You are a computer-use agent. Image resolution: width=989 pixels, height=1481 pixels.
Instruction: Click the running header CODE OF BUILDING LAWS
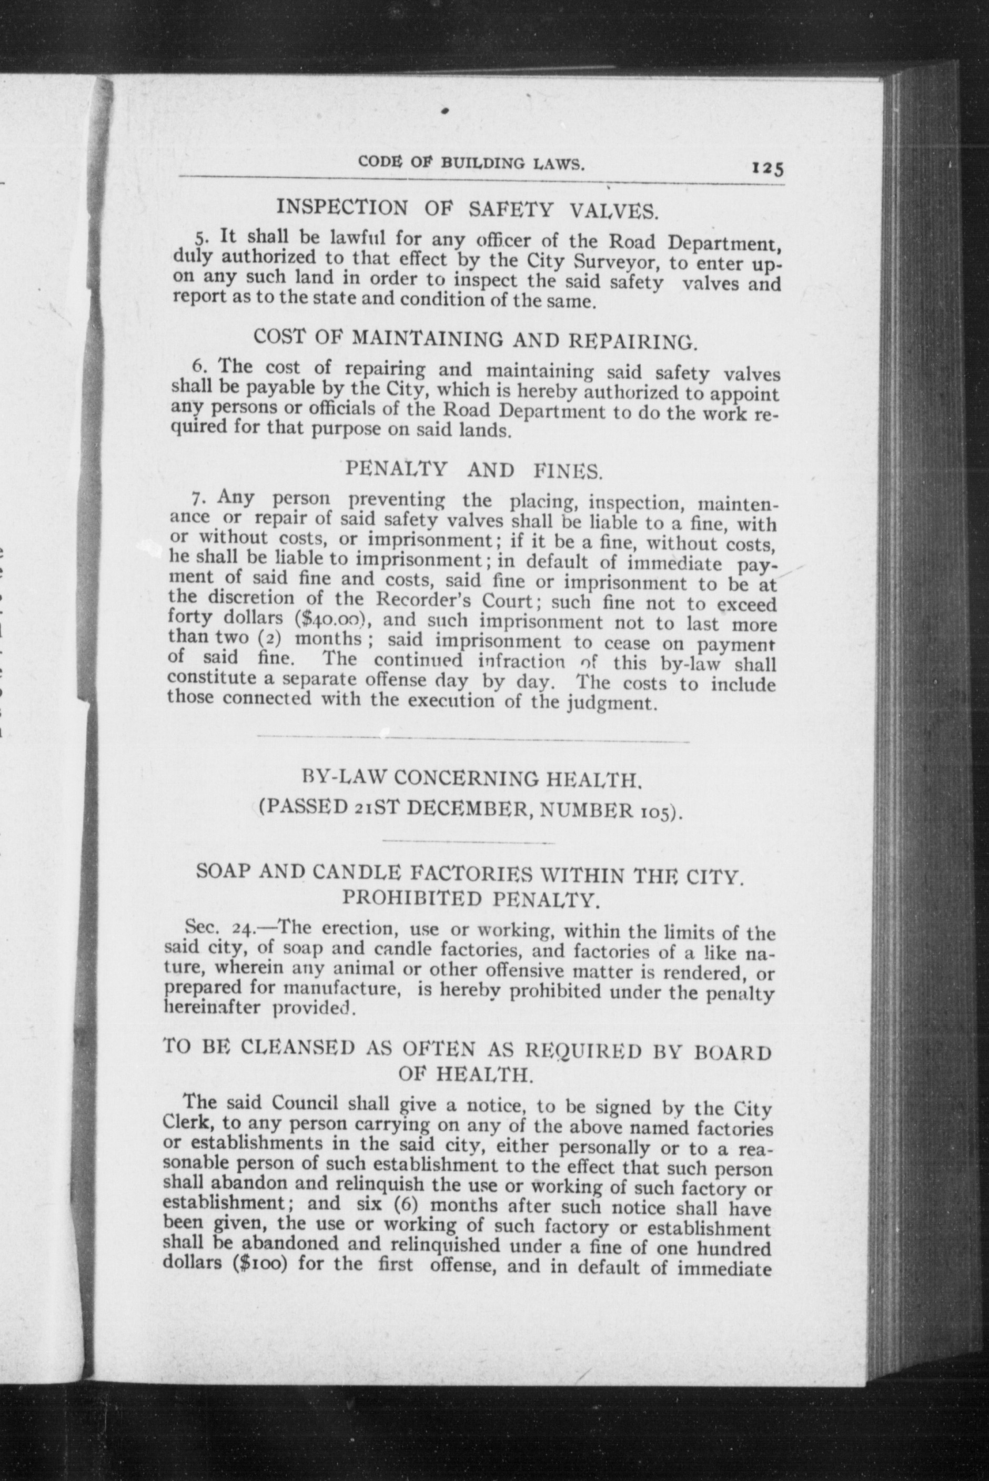tap(472, 164)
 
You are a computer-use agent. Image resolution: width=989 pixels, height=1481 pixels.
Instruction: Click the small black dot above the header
tap(445, 110)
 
